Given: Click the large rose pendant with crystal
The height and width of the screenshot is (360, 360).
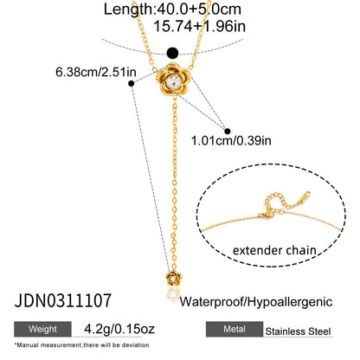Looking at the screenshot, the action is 174,80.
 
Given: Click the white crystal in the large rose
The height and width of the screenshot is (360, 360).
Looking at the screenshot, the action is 174,81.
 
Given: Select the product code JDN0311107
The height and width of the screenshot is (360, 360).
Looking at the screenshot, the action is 63,300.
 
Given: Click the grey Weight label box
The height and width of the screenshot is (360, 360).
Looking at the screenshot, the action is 42,329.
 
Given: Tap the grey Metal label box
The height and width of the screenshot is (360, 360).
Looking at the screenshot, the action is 235,329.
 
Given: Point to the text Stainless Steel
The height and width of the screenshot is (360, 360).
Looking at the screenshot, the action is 298,331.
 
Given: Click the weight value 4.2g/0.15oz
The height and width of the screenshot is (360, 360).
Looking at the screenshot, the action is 119,329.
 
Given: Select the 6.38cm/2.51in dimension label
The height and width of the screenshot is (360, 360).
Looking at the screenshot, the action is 96,72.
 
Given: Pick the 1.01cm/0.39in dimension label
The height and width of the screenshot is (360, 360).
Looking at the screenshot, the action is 231,141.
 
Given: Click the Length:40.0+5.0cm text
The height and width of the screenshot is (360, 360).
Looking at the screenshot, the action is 172,10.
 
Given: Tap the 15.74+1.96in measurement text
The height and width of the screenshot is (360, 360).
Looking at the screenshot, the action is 200,27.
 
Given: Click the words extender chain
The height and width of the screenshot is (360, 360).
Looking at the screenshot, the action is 274,250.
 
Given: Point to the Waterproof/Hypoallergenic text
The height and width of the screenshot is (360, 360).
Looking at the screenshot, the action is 256,302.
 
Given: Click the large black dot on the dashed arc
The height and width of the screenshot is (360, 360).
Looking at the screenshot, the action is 173,53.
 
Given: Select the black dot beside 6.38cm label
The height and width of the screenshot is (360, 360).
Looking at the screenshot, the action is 132,84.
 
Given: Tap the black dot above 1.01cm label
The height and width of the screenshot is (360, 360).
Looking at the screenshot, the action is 228,132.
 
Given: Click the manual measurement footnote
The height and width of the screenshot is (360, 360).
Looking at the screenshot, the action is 81,345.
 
